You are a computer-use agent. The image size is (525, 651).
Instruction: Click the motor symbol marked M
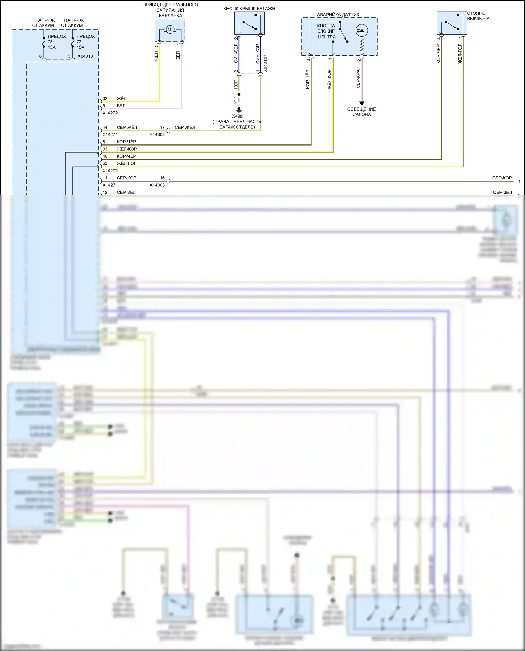tap(169, 30)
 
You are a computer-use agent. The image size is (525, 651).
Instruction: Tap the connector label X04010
tap(85, 56)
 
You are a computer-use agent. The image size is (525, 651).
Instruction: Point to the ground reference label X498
tap(237, 116)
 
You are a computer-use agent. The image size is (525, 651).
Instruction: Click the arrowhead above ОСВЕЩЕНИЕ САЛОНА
tap(362, 104)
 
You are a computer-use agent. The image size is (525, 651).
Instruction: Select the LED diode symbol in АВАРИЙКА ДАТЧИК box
tap(362, 30)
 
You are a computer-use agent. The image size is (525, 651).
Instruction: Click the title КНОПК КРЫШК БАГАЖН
tap(249, 9)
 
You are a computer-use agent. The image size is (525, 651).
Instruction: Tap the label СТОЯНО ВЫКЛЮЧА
tap(478, 16)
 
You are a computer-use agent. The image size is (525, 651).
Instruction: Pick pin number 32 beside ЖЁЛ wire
tap(105, 99)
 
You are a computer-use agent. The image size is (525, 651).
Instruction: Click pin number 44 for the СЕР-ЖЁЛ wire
tap(105, 127)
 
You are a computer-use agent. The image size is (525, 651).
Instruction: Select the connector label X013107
tap(265, 63)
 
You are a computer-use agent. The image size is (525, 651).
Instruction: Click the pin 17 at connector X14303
tap(162, 127)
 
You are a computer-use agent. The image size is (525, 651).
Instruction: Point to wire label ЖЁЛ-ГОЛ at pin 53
tap(127, 163)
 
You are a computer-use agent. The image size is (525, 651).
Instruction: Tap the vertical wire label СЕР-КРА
tap(358, 79)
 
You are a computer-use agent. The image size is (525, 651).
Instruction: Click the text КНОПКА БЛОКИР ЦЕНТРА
tap(326, 31)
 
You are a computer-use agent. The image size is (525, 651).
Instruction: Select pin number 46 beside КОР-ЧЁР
tap(105, 156)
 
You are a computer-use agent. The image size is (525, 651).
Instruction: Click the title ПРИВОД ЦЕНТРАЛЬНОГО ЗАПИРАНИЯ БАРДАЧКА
tap(170, 10)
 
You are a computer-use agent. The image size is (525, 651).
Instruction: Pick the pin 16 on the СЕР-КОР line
tap(162, 178)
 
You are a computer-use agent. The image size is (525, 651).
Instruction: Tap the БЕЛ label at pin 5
tap(121, 106)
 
